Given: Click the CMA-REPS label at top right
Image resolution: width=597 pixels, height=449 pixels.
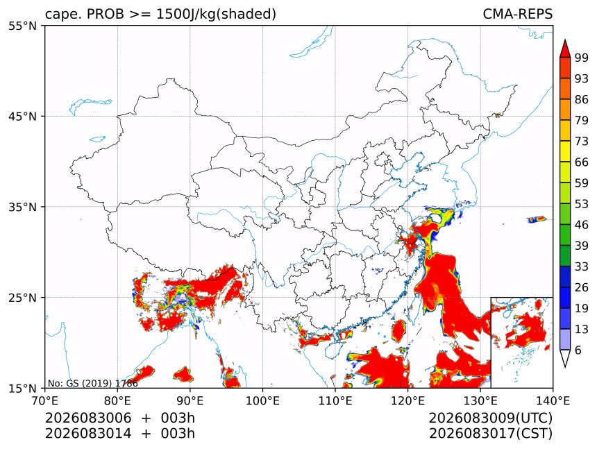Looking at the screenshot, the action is tap(517, 14).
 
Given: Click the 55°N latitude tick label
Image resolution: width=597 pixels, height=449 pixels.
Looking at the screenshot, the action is tap(22, 26).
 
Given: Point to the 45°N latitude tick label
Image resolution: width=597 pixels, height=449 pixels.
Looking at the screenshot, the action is tap(22, 116).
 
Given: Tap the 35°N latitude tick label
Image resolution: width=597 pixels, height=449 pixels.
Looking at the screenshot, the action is tap(22, 207).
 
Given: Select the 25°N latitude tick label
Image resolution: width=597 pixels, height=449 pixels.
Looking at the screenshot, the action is tap(22, 298).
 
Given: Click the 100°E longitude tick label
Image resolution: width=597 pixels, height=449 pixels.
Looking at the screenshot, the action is tap(262, 400).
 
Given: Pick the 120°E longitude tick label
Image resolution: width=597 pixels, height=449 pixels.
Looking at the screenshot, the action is tap(407, 400).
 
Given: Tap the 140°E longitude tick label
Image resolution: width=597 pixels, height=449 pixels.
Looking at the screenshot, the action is tap(553, 400).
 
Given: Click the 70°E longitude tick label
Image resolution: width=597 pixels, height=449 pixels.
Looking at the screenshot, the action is tap(45, 400).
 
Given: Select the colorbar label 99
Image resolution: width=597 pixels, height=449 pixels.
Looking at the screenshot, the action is tap(582, 58).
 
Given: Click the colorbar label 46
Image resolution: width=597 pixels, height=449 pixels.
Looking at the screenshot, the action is tap(582, 225).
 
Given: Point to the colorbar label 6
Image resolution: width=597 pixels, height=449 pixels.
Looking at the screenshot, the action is tap(578, 350).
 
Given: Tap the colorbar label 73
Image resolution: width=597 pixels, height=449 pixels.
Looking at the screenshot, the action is tap(582, 141).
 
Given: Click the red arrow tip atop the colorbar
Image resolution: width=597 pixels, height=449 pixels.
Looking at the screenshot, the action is tap(565, 40).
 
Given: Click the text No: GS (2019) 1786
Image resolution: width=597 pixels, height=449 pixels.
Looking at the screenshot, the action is tap(93, 383).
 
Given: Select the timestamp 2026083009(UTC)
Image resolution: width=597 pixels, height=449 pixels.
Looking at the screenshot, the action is tap(490, 418).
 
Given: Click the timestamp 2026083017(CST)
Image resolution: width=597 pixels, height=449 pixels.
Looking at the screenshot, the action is tap(490, 434).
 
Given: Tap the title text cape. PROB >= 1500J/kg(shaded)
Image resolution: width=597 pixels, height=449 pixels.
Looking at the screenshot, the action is tap(160, 14).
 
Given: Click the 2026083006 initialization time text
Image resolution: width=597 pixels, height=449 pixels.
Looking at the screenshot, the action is tap(88, 418).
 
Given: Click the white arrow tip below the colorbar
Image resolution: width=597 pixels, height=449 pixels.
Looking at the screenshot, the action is tap(565, 367).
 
